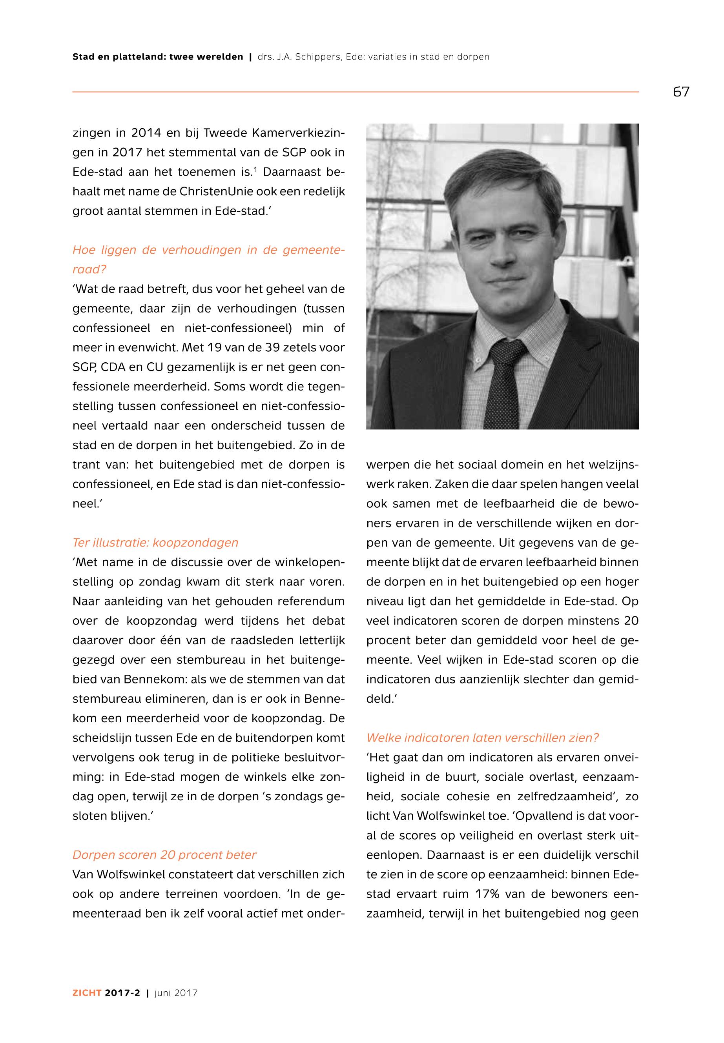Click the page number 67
[681, 92]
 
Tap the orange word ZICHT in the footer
[87, 993]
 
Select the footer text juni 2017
[176, 993]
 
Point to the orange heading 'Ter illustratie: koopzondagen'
[155, 543]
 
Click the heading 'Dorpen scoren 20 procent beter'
[164, 855]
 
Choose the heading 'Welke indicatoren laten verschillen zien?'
[483, 738]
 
